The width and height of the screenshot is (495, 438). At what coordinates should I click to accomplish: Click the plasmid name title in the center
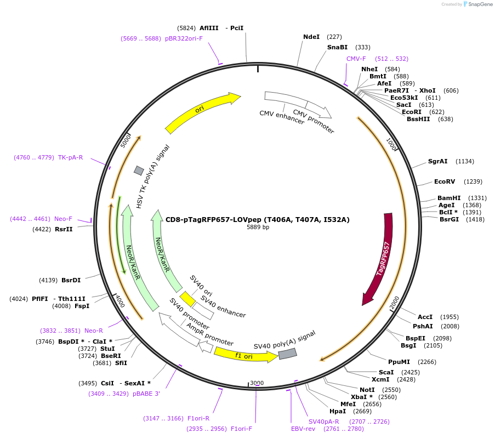pos(258,219)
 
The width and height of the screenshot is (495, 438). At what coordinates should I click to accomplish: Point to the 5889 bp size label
pos(258,227)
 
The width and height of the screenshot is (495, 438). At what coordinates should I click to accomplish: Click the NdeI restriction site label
pos(311,37)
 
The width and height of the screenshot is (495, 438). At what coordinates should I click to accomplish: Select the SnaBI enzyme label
pos(337,47)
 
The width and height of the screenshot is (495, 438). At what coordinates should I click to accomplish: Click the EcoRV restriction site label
pos(445,181)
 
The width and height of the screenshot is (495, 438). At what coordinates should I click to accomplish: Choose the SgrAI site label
pos(438,161)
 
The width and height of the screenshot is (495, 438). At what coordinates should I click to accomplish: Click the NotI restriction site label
pos(367,390)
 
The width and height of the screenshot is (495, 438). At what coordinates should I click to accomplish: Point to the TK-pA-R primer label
pos(71,157)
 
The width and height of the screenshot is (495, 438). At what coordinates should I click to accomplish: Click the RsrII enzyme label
pos(64,229)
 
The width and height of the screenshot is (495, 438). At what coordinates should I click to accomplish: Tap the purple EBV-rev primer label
pos(303,429)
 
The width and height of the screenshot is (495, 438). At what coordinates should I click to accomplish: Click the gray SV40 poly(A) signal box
pos(287,354)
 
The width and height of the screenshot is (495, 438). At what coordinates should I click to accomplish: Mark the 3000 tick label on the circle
pos(257,383)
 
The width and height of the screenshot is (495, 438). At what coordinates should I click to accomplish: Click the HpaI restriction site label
pos(338,411)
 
